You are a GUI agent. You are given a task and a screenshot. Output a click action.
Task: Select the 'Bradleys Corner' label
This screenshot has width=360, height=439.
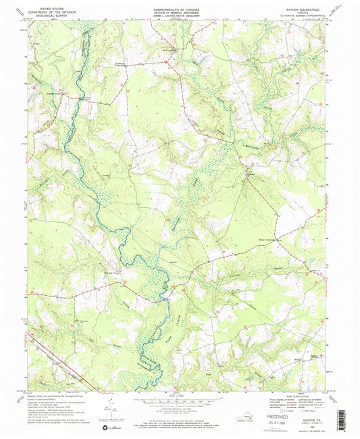[101, 273]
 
